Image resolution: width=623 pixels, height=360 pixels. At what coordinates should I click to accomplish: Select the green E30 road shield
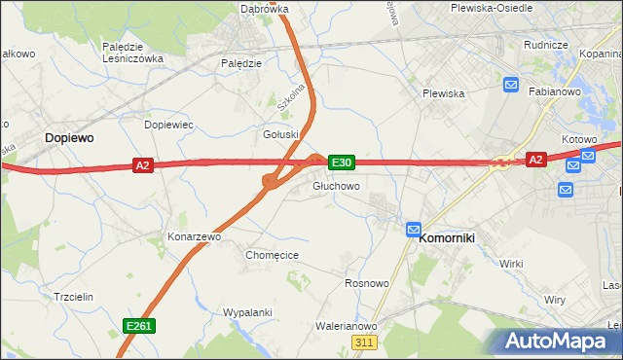341,162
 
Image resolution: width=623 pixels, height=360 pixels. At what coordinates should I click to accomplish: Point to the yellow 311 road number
365,342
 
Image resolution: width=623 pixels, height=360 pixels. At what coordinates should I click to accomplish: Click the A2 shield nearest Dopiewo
143,166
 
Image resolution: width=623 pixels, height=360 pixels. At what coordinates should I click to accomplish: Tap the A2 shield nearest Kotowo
535,159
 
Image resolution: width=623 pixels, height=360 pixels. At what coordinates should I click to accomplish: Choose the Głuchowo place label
337,186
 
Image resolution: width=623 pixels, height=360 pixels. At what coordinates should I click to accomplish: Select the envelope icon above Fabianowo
512,86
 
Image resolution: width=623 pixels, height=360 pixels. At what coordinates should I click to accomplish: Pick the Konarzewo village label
195,236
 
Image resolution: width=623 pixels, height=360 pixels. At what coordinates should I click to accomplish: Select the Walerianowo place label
347,327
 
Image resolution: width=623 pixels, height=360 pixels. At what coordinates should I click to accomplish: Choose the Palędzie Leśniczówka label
132,52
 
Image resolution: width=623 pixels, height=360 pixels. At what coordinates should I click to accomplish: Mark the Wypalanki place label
246,312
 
